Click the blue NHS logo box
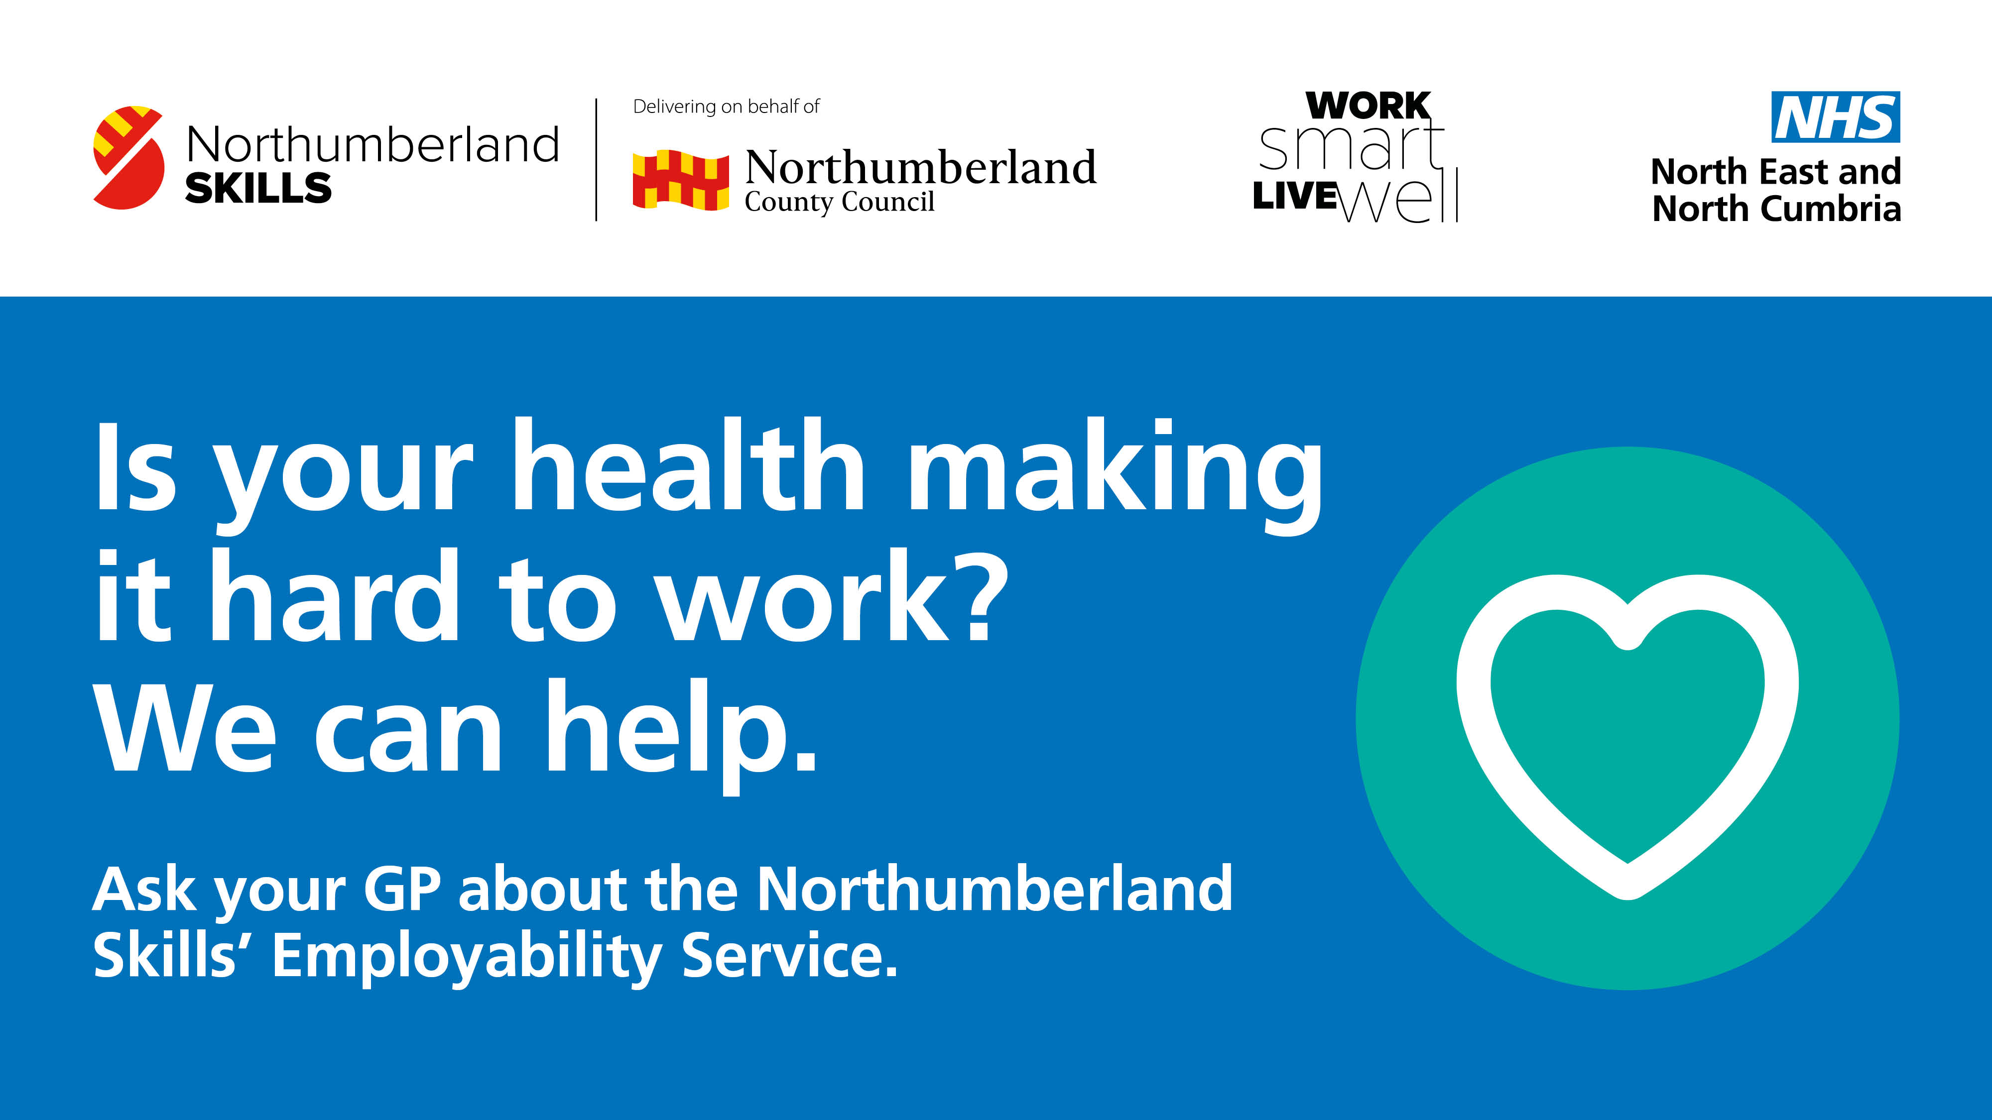pyautogui.click(x=1835, y=116)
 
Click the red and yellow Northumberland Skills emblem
pyautogui.click(x=128, y=158)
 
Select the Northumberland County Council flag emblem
pyautogui.click(x=680, y=180)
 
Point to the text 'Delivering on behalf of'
pyautogui.click(x=726, y=106)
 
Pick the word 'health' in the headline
pyautogui.click(x=688, y=465)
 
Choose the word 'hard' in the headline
pyautogui.click(x=335, y=595)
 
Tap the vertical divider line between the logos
pyautogui.click(x=596, y=159)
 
